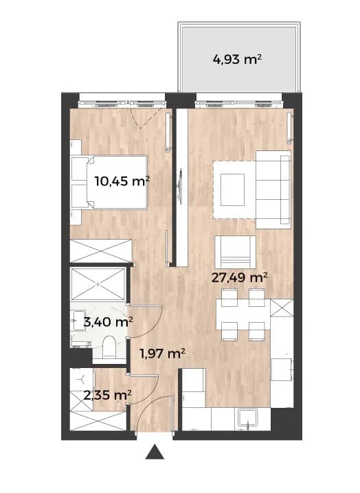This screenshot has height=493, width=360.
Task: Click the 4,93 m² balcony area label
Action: point(237,59)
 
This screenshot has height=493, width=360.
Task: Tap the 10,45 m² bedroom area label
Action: point(122,181)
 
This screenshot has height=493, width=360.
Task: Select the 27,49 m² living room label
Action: point(240,277)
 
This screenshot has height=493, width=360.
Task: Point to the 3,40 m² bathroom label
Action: point(108,321)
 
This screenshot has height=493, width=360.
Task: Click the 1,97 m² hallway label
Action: point(162,354)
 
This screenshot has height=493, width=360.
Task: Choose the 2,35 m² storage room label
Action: point(107,395)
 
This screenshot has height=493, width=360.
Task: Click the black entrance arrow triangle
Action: point(155,452)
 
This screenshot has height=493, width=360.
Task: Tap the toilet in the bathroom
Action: point(109,347)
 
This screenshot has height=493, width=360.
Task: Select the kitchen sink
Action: point(248,418)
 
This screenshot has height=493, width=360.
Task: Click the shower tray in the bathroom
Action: point(98,284)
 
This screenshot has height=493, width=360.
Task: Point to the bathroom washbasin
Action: point(78,321)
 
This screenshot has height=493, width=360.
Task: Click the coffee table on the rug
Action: point(232,190)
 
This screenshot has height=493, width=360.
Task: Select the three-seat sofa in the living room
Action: point(273,190)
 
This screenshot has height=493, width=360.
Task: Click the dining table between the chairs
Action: point(243,314)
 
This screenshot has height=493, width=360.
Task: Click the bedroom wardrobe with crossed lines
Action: point(101,251)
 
